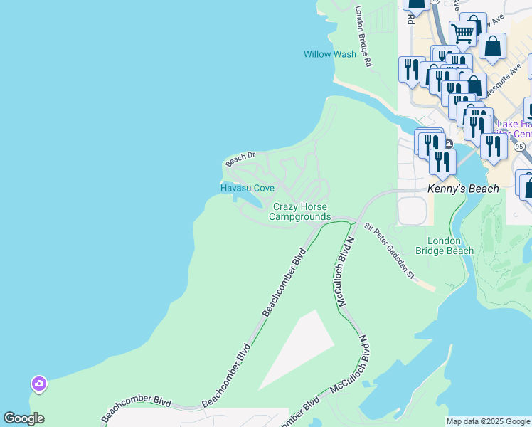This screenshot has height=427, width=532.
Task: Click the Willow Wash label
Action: coord(330,54)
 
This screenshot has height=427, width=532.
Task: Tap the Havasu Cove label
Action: coord(247,188)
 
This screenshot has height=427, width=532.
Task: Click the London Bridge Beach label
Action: coord(450,246)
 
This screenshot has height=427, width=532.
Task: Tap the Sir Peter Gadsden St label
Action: coord(389,251)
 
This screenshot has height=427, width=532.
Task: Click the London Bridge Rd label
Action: coord(363,37)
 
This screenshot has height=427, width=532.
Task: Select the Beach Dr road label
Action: coord(240,159)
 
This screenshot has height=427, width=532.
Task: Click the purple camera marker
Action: coord(38,384)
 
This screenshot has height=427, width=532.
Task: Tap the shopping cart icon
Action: coord(463,32)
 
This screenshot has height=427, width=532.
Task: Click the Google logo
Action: coord(23,418)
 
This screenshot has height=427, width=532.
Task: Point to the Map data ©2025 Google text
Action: coord(488,421)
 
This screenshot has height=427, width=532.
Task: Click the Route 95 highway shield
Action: coord(519,146)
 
